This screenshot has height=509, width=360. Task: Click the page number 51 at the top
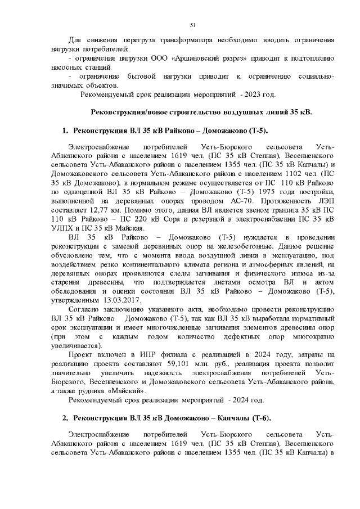tap(192, 25)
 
